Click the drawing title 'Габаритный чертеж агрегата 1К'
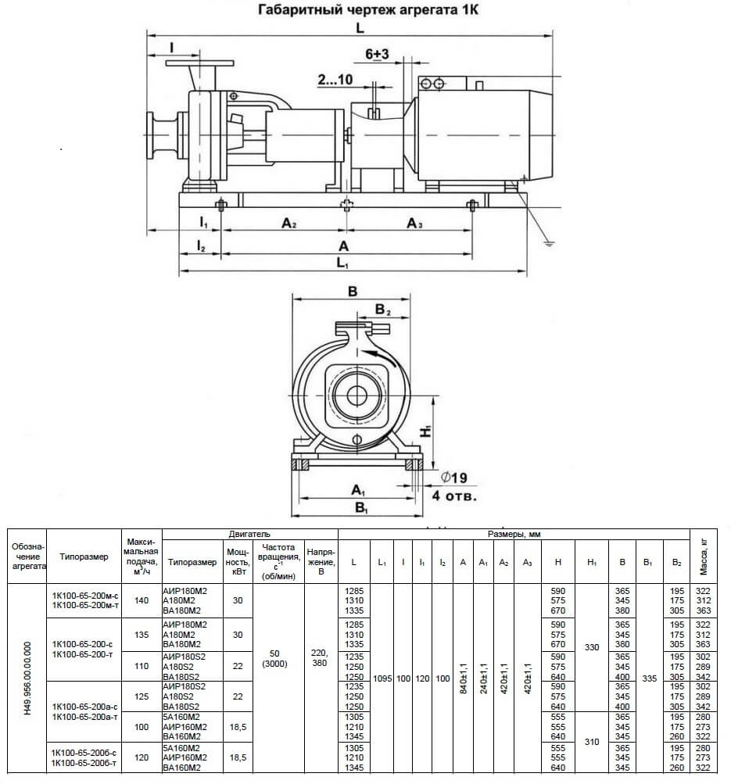[x=368, y=10]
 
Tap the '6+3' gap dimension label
[x=377, y=53]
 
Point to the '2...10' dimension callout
[x=335, y=79]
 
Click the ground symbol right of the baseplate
[x=549, y=244]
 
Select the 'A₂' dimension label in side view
[x=289, y=223]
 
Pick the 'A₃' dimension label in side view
[x=414, y=223]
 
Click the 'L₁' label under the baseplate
[x=342, y=263]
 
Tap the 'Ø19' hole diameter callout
[x=454, y=478]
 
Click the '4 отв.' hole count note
[x=454, y=496]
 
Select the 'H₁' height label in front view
[x=425, y=431]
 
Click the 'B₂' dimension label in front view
[x=382, y=310]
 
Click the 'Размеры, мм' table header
[x=514, y=534]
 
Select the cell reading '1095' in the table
[x=382, y=678]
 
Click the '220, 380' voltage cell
[x=320, y=658]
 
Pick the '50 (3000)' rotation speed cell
[x=275, y=658]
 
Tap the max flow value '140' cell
[x=142, y=600]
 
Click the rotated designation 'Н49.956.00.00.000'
[x=27, y=678]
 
